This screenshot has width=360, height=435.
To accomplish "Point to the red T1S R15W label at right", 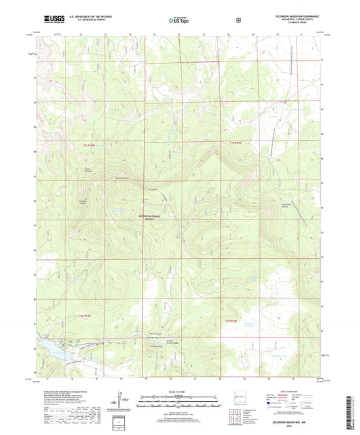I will (234, 144).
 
